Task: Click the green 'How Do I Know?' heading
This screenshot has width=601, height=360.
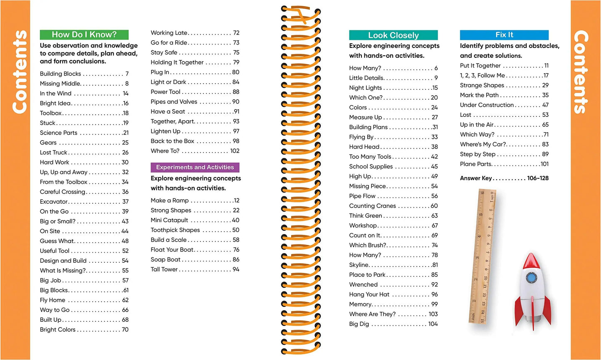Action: tap(84, 35)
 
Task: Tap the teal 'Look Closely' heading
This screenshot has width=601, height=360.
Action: tap(393, 35)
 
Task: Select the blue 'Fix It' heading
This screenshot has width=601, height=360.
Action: tap(504, 35)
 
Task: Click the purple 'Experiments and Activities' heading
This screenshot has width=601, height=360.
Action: tap(195, 168)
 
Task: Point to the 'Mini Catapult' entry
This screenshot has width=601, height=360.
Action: tap(169, 220)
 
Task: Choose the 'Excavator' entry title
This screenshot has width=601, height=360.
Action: tap(54, 202)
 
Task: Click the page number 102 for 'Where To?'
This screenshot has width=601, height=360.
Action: tap(235, 151)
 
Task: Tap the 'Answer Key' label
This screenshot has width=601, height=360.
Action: tap(476, 178)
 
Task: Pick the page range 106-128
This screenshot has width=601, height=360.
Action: tap(538, 178)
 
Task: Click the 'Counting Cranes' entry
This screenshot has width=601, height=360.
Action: tap(373, 206)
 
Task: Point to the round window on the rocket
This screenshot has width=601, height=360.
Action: tap(531, 278)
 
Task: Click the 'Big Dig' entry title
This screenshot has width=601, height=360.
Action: tap(359, 324)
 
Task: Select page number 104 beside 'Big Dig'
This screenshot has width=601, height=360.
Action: tap(433, 324)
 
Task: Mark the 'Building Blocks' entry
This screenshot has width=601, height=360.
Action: tap(60, 74)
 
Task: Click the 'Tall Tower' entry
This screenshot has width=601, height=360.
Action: tap(164, 269)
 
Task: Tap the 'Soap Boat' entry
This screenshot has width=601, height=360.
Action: tap(166, 260)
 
